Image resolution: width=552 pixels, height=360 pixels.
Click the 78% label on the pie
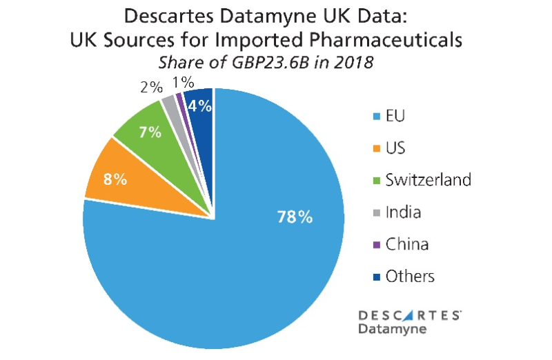tap(295, 217)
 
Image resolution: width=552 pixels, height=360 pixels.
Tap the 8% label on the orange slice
tap(115, 179)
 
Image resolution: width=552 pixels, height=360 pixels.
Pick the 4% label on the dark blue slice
tap(199, 106)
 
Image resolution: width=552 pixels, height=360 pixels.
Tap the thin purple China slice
tap(181, 101)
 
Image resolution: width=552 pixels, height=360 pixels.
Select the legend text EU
tap(395, 115)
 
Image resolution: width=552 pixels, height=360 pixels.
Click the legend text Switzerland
tap(428, 180)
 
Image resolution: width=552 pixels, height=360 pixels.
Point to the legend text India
tap(402, 212)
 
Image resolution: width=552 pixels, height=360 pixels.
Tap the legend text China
tap(406, 244)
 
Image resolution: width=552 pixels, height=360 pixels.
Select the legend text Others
tap(410, 277)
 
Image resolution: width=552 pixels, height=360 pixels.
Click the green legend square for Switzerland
tap(375, 181)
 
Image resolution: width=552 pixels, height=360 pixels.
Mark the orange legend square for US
tap(375, 148)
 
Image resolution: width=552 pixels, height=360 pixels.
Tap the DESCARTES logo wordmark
tap(409, 315)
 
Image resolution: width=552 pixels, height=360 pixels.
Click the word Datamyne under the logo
tap(392, 329)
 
